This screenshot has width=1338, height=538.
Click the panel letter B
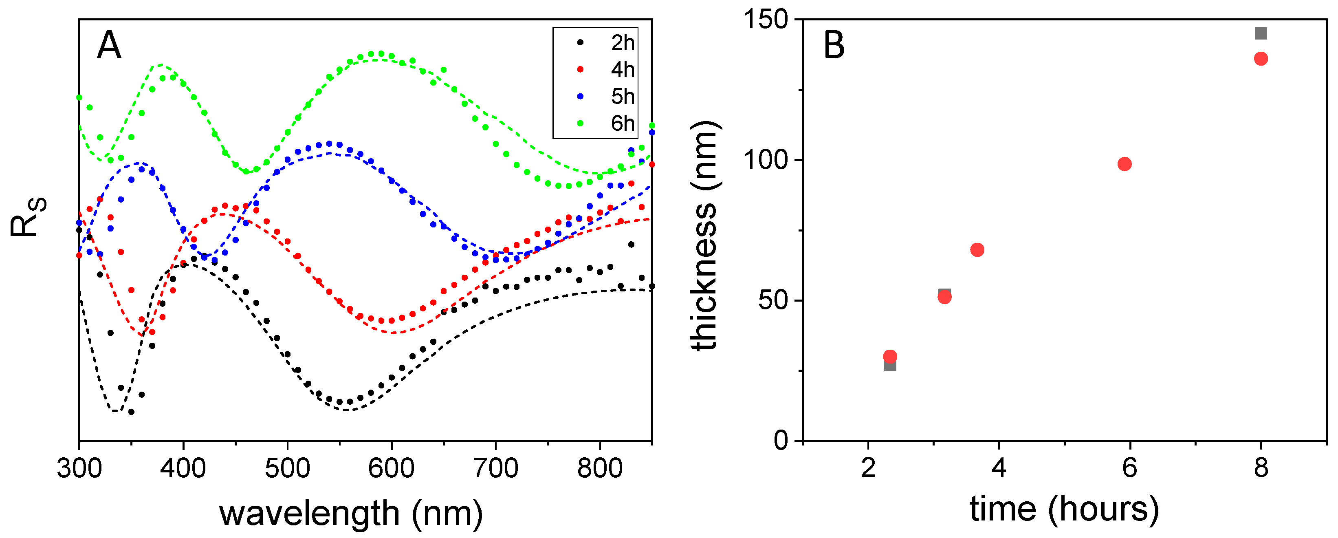click(834, 45)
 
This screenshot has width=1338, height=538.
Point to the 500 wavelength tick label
click(287, 468)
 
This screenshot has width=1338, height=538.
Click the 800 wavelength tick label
click(600, 468)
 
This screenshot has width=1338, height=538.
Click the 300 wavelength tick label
click(79, 468)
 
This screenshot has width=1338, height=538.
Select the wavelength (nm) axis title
click(351, 514)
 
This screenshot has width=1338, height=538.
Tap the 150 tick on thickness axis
click(766, 20)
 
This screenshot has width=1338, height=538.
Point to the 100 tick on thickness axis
click(766, 160)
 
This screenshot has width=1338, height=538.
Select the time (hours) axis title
click(1064, 509)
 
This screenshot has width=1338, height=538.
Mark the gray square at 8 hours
click(1261, 33)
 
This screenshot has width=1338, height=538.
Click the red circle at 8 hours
click(1261, 59)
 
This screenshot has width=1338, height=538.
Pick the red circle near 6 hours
click(1125, 164)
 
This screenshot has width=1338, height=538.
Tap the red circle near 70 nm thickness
click(977, 250)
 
